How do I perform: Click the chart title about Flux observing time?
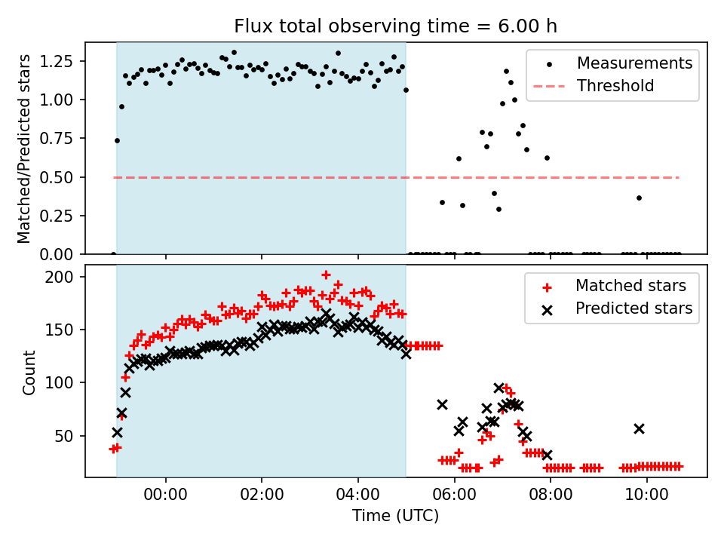click(396, 27)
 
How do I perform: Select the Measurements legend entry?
click(634, 63)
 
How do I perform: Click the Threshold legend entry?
click(615, 86)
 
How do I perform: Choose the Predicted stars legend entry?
click(633, 308)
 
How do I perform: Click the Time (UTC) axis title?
click(396, 517)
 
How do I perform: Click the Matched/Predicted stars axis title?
click(24, 149)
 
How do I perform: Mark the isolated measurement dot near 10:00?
click(639, 198)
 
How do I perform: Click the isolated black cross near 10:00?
click(639, 428)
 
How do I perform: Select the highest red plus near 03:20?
click(326, 275)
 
